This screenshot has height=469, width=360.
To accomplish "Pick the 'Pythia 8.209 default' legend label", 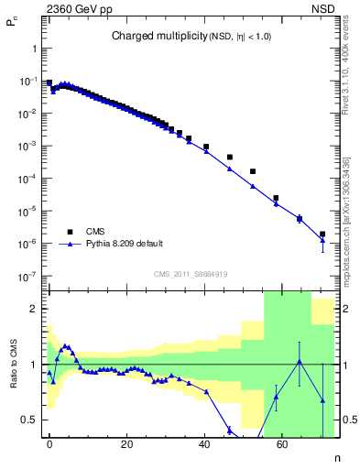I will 125,245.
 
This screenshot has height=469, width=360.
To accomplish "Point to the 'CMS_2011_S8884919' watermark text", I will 191,274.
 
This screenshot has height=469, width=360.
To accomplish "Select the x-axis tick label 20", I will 126,442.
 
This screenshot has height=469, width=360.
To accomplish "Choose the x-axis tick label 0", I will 49,442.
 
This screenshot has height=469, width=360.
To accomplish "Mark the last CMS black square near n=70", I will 322,234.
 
